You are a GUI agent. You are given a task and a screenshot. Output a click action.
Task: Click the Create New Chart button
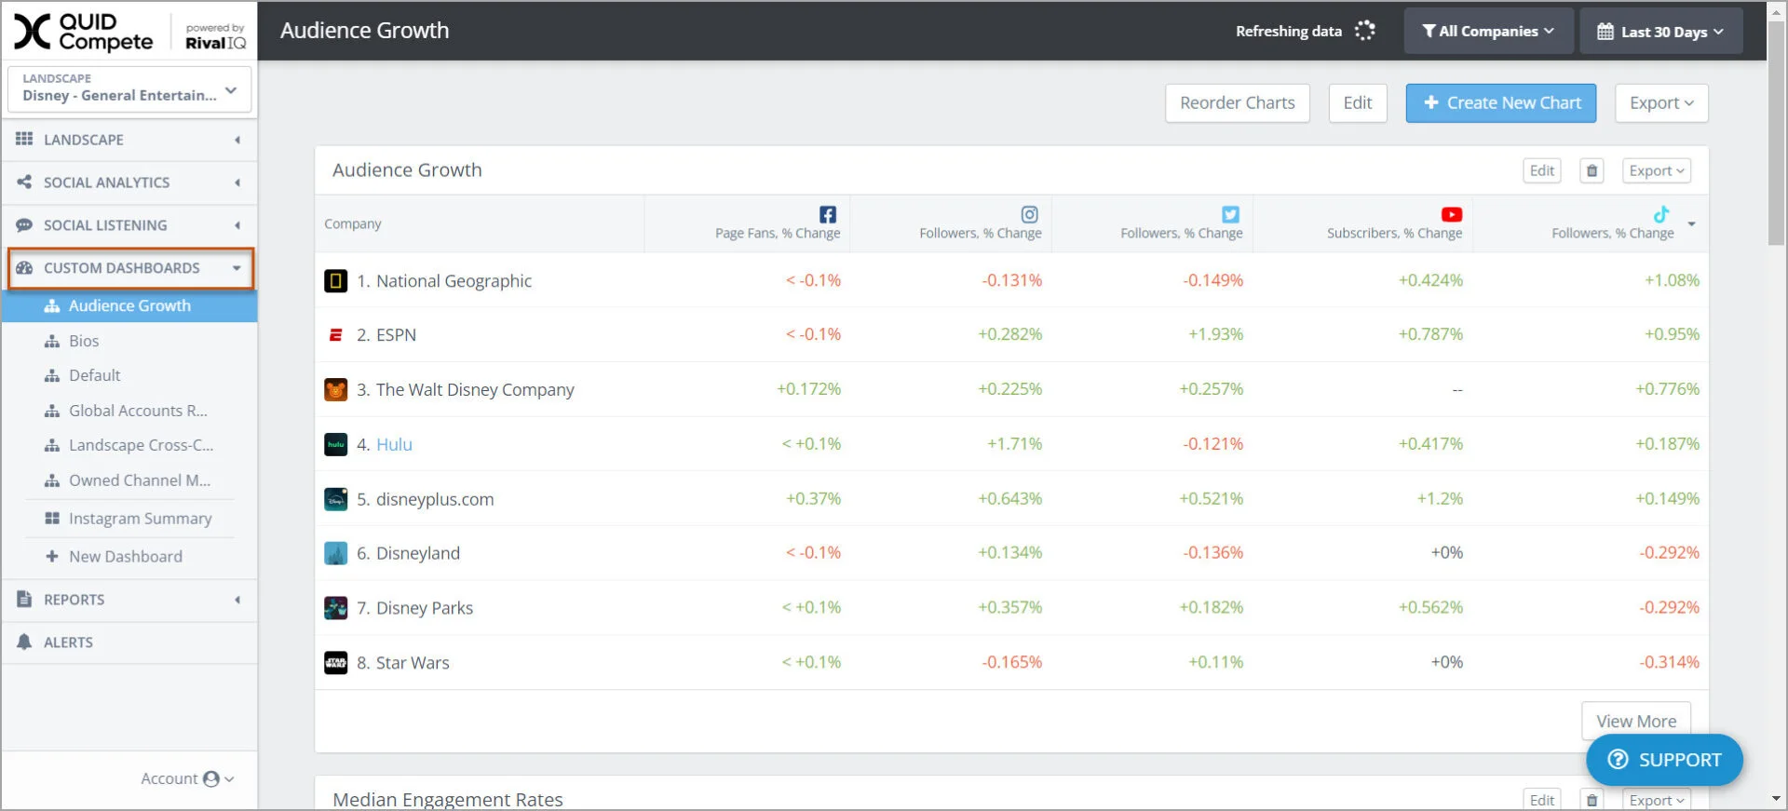1500,103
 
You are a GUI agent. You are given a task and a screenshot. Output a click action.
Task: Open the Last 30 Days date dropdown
1660,32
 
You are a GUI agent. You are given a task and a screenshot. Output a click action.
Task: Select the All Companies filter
1487,32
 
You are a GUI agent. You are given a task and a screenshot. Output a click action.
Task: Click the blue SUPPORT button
1664,760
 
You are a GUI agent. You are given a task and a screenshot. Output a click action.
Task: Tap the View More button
1635,721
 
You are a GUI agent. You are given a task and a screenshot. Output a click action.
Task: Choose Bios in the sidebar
84,341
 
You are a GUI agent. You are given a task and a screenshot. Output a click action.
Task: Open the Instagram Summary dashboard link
140,519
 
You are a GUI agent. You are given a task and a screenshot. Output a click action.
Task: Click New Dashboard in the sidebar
125,557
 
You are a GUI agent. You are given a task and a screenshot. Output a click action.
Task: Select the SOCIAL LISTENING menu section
105,225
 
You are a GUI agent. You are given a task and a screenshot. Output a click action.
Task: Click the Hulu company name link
394,444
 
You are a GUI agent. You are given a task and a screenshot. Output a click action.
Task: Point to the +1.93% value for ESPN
1215,334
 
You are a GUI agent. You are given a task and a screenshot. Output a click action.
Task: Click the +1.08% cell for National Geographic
1672,280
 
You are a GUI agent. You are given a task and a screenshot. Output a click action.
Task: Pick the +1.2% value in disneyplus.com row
1440,499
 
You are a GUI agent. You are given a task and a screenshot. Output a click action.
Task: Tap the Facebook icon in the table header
828,214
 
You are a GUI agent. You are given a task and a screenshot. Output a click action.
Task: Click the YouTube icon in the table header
1451,214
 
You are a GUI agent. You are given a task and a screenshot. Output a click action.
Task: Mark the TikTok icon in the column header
1661,214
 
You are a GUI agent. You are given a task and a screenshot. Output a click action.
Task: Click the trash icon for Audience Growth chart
1592,171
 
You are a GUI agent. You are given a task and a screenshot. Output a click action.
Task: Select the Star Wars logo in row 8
335,663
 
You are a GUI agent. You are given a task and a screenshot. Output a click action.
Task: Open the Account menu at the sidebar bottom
186,778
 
